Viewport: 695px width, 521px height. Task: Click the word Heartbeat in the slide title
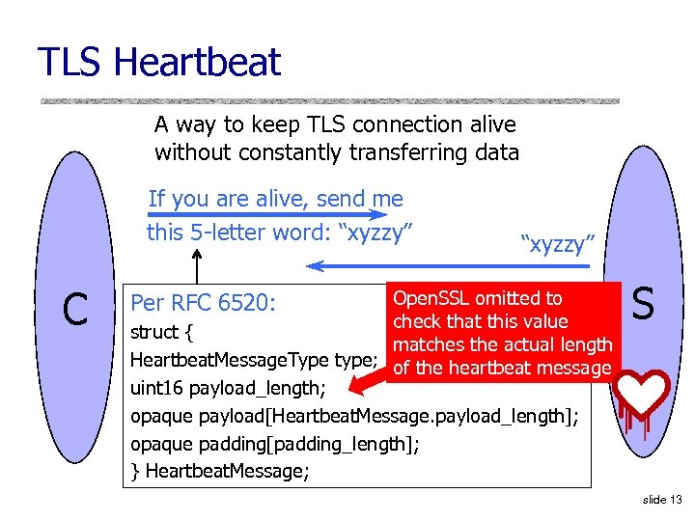click(197, 63)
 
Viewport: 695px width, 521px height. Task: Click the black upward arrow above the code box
click(198, 264)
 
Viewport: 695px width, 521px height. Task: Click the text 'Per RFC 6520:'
click(204, 303)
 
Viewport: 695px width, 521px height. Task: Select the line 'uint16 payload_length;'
click(228, 388)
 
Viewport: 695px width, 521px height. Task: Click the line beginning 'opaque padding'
click(275, 444)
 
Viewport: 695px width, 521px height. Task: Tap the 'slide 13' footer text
click(661, 500)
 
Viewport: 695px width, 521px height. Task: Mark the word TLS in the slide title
click(70, 63)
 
